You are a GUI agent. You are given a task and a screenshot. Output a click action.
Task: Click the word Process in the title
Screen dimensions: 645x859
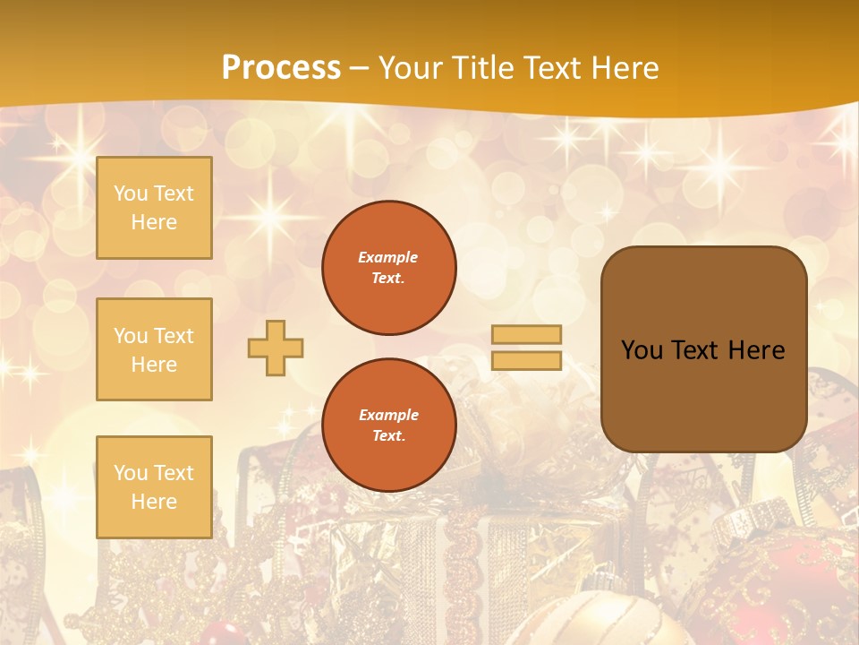point(281,68)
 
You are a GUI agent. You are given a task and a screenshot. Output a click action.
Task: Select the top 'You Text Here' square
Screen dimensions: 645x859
point(154,208)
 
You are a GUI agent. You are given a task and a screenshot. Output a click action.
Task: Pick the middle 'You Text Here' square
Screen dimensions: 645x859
point(154,349)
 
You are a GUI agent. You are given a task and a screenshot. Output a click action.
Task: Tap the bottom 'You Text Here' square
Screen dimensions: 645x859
point(154,486)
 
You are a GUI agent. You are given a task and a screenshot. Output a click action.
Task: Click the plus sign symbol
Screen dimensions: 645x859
point(276,348)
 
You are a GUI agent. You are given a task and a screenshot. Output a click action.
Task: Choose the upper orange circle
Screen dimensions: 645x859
point(389,267)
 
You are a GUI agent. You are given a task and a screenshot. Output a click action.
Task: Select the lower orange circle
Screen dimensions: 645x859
point(389,425)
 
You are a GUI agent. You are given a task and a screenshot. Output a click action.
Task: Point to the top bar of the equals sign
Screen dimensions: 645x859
point(527,334)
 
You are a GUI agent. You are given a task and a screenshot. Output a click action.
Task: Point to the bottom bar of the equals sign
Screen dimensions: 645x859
point(527,361)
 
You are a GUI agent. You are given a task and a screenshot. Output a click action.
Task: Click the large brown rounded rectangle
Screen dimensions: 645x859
point(703,349)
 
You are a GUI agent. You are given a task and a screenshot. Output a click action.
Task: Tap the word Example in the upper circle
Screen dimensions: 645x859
point(388,257)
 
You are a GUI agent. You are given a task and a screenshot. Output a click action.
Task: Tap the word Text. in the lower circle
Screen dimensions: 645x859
point(388,435)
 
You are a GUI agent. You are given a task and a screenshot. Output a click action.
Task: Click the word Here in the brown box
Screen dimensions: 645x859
point(756,350)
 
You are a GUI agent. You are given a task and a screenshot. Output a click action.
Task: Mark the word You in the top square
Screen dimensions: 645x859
point(131,193)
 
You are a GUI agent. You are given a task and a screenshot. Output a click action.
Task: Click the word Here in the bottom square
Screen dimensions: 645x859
point(154,502)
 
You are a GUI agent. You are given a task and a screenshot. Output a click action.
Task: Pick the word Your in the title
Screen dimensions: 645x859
point(407,68)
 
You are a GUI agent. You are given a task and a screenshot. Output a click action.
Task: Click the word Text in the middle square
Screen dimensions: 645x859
point(174,336)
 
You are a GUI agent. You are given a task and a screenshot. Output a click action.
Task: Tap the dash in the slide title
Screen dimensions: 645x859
point(360,68)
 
